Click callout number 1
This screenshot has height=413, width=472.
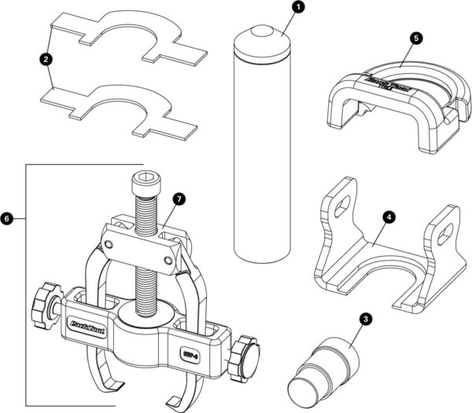tap(297, 9)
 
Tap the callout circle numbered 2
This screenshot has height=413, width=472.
tap(46, 59)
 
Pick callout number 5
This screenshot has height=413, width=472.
tap(415, 36)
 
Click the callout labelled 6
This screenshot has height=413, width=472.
tap(9, 216)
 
